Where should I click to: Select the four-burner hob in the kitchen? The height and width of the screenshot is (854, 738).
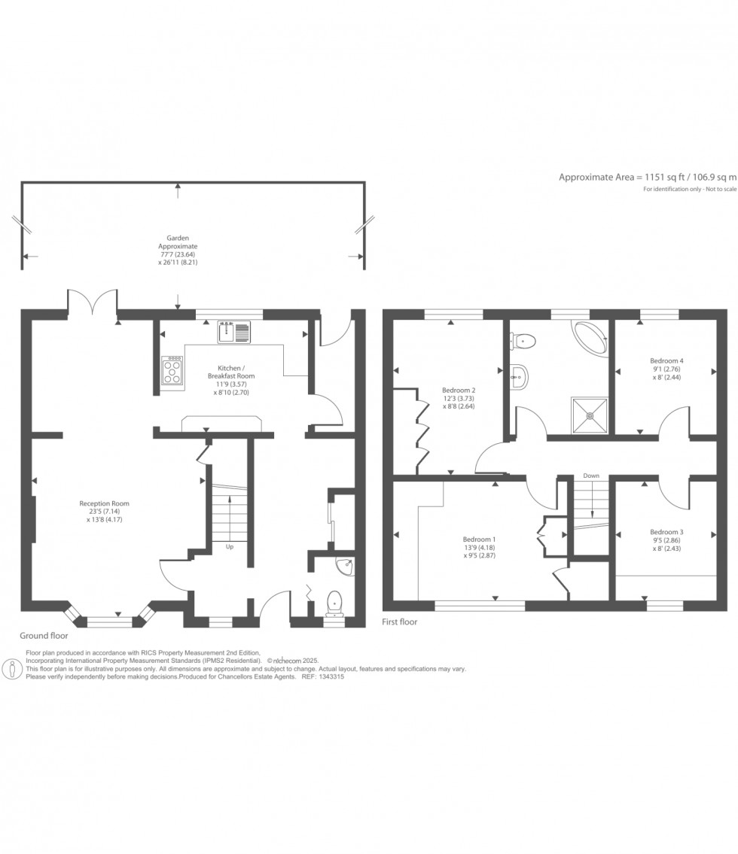point(172,370)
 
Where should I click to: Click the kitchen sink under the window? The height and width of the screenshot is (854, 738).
point(234,331)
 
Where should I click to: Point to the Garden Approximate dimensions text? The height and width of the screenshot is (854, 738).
point(178,250)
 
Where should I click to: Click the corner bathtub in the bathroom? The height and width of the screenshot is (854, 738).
point(592,337)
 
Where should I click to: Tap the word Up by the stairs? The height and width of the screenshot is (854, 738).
point(230,547)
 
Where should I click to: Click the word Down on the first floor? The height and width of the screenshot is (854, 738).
point(591,476)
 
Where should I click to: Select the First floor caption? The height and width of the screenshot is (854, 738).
point(401,622)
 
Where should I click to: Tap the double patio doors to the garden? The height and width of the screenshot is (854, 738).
point(93,302)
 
